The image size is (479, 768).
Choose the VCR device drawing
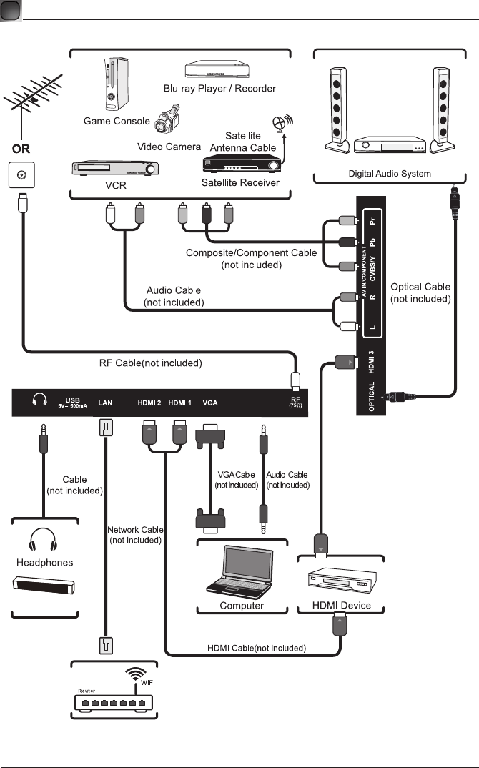113,169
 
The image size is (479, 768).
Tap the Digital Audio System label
390,174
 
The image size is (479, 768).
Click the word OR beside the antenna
20,152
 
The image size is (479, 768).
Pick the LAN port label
104,403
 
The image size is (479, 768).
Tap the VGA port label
210,403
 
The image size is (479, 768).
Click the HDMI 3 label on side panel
370,361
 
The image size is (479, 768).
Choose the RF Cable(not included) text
150,363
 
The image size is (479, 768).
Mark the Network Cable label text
136,535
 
